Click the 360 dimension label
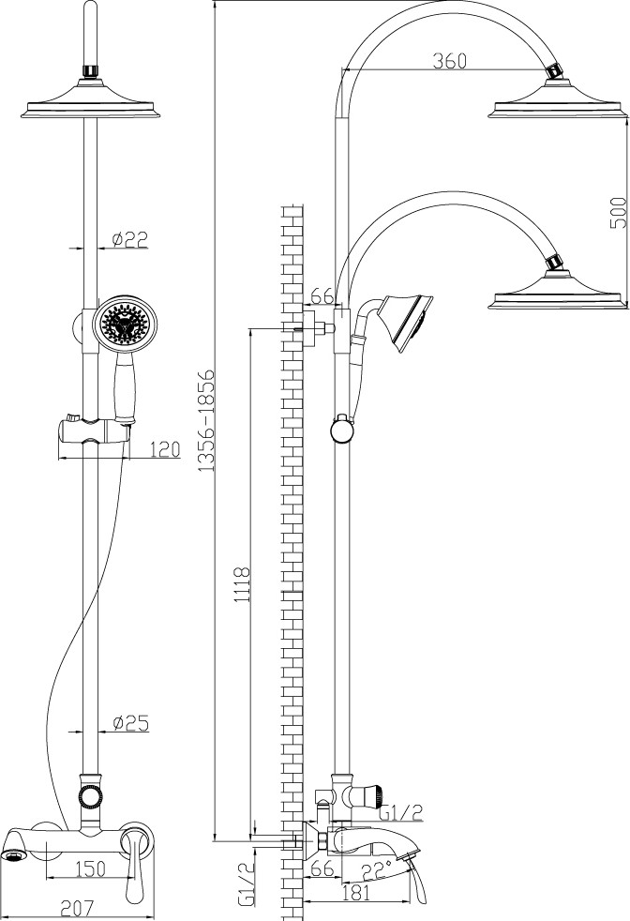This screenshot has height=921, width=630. (x=449, y=61)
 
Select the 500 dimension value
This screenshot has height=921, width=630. (x=618, y=213)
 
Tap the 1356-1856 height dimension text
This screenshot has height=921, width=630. (x=204, y=420)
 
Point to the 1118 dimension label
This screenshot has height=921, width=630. (x=241, y=584)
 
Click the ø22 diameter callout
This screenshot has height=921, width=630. (x=129, y=239)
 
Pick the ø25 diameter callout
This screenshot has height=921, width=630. (x=130, y=722)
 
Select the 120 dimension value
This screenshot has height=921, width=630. (x=164, y=449)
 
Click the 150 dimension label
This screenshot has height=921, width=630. (x=91, y=868)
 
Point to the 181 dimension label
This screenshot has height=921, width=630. (x=356, y=894)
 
